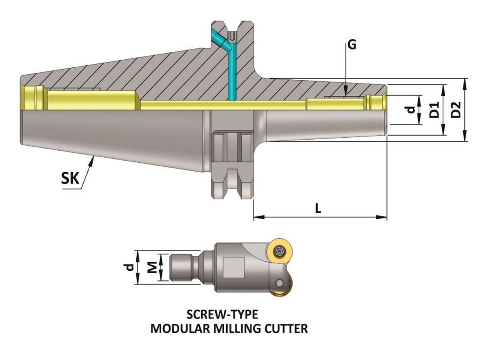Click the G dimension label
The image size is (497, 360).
pyautogui.click(x=352, y=45)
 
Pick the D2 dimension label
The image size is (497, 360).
pyautogui.click(x=456, y=109)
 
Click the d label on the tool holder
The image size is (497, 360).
pyautogui.click(x=410, y=110)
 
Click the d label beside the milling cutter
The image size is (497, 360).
pyautogui.click(x=130, y=267)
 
